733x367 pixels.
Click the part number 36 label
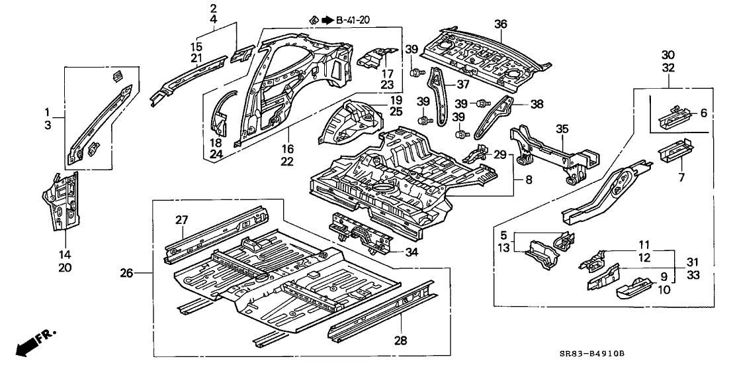(501, 25)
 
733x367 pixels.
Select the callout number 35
(562, 131)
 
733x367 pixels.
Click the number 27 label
(183, 220)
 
